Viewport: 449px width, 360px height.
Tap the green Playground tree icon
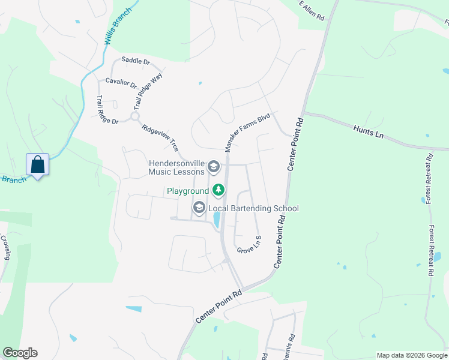pos(218,191)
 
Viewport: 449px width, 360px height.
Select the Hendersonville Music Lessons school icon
pos(212,166)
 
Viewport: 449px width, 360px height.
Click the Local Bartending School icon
pos(199,208)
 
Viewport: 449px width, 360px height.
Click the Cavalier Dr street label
pos(121,82)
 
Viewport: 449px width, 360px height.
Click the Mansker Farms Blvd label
pos(248,133)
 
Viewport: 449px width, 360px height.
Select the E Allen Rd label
pos(312,11)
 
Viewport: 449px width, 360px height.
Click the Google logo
pos(20,353)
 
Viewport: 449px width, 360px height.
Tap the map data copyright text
pos(411,355)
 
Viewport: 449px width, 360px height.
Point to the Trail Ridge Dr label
pos(108,110)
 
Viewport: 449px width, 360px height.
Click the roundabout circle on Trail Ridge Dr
pos(135,116)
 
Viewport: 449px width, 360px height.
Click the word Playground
pos(188,191)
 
